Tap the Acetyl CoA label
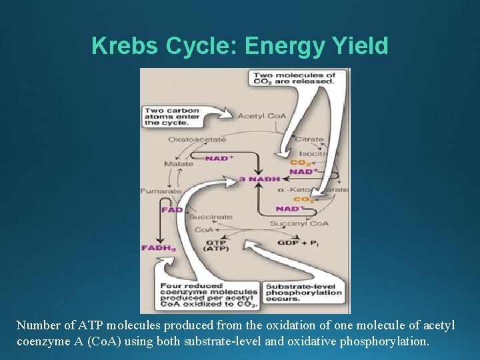[x=262, y=116]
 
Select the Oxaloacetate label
[x=197, y=139]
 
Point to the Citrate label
[x=309, y=139]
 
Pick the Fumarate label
[x=161, y=191]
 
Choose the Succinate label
[x=211, y=217]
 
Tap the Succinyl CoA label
[x=299, y=223]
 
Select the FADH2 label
[x=158, y=248]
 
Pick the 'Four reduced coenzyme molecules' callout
[x=209, y=294]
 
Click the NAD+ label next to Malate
[x=219, y=158]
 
